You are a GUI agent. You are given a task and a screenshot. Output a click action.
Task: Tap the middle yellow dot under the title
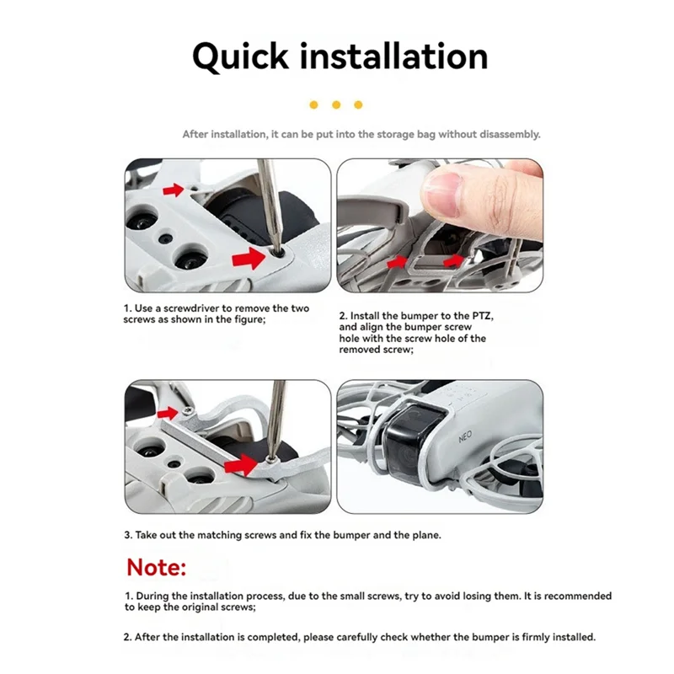pyautogui.click(x=336, y=104)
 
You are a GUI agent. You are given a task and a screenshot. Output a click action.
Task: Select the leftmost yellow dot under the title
pyautogui.click(x=313, y=104)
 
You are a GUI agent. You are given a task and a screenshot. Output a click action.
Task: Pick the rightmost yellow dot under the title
pyautogui.click(x=358, y=104)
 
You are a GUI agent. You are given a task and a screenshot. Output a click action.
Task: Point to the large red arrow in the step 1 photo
pyautogui.click(x=254, y=258)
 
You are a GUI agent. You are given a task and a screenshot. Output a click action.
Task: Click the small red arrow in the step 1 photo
pyautogui.click(x=173, y=190)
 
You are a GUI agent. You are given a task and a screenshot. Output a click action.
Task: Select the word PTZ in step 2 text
pyautogui.click(x=460, y=315)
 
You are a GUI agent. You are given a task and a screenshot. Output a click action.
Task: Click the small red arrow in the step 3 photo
pyautogui.click(x=168, y=412)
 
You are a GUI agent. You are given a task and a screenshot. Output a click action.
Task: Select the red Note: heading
pyautogui.click(x=157, y=567)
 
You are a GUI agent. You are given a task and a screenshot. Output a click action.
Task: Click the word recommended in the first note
pyautogui.click(x=577, y=596)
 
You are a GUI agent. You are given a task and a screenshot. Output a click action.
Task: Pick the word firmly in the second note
pyautogui.click(x=516, y=637)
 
